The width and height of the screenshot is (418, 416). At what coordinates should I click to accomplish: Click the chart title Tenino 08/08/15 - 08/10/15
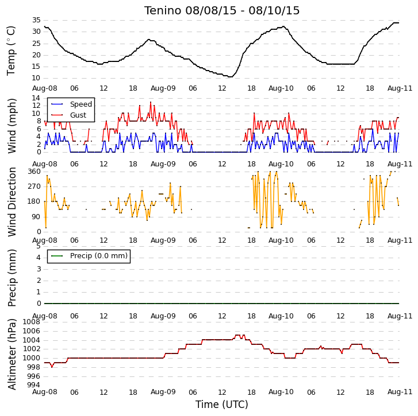(x=222, y=11)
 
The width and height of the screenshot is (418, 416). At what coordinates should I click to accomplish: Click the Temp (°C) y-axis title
(x=11, y=51)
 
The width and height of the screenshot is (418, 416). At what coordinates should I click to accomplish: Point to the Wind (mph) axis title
(x=11, y=126)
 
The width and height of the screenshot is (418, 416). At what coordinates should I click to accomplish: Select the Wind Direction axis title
(x=11, y=202)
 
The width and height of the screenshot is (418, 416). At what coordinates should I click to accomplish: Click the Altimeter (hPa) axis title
(x=11, y=354)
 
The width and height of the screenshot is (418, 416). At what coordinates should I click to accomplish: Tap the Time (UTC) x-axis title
(x=222, y=405)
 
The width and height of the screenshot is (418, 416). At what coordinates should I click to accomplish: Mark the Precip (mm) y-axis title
(x=11, y=278)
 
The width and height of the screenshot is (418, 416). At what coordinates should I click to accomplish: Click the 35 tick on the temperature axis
(x=36, y=20)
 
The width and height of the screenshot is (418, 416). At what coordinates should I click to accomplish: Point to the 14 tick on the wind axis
(x=36, y=98)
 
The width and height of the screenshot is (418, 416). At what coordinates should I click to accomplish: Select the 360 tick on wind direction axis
(x=34, y=172)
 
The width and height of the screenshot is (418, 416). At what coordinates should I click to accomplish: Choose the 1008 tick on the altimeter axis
(x=32, y=322)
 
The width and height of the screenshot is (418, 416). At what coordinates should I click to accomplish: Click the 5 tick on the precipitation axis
(x=39, y=246)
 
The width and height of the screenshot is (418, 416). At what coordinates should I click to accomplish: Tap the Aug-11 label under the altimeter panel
(x=400, y=392)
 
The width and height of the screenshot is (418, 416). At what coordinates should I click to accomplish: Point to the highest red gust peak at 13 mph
(x=151, y=102)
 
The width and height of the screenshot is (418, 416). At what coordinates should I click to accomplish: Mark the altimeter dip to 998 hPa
(x=52, y=367)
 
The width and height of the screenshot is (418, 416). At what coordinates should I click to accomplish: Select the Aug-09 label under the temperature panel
(x=163, y=88)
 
